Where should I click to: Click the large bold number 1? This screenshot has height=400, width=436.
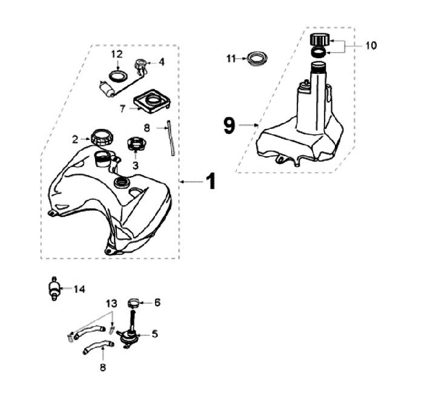210,181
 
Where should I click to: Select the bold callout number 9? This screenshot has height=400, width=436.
228,125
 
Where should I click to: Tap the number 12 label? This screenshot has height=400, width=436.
117,54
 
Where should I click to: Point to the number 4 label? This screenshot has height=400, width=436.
162,61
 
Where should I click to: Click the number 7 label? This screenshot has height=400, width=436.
122,109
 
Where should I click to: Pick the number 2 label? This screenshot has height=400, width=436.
75,139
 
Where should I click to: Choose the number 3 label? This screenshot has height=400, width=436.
135,165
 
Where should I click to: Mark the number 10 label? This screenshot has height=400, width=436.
371,45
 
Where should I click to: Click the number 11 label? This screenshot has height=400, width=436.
231,58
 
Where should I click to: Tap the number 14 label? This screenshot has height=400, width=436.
79,289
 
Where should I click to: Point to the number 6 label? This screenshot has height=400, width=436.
157,301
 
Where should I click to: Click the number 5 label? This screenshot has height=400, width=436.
154,333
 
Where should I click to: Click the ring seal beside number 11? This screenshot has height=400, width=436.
257,59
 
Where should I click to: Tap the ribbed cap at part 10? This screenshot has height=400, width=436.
319,41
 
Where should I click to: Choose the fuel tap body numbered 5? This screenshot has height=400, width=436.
128,335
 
